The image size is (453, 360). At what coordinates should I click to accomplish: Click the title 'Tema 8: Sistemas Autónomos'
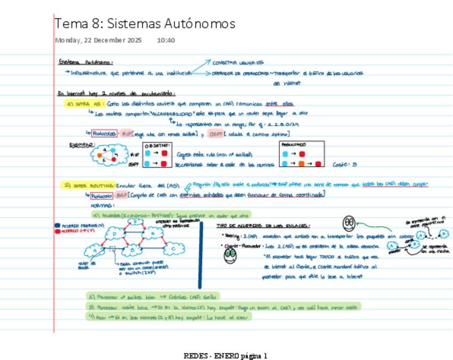(145, 24)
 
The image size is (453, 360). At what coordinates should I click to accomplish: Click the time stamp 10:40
(166, 40)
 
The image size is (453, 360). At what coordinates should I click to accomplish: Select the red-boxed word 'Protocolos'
(104, 134)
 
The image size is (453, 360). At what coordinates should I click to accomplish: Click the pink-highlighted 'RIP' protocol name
(126, 134)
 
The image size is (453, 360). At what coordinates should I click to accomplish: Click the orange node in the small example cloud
(99, 156)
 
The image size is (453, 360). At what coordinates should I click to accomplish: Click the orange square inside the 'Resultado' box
(302, 164)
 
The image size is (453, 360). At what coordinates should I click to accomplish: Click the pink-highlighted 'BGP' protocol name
(121, 195)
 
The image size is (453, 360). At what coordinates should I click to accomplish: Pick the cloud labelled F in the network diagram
(136, 222)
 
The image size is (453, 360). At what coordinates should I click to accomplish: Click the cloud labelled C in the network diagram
(174, 249)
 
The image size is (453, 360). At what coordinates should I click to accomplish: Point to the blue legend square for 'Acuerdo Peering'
(58, 226)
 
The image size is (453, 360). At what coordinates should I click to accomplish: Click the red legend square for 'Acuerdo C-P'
(58, 231)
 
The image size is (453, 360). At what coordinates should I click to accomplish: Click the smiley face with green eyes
(230, 255)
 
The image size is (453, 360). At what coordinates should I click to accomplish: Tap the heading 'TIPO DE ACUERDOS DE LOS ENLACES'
(263, 226)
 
